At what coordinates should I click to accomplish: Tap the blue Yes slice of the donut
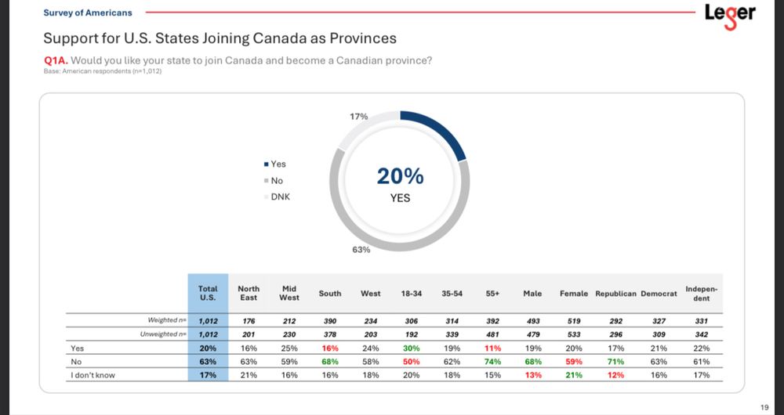click(x=439, y=130)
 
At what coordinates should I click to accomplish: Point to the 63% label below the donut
click(x=361, y=250)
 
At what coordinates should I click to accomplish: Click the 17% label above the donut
click(x=359, y=117)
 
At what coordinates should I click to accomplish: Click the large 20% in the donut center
click(x=400, y=176)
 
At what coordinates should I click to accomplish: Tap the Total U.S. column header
click(x=208, y=293)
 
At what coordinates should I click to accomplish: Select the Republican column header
click(x=615, y=294)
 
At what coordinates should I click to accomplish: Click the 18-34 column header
click(x=412, y=294)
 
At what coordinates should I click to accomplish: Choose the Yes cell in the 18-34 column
click(x=412, y=348)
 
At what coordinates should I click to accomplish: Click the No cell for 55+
click(x=493, y=362)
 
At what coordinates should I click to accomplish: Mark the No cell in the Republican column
click(x=615, y=362)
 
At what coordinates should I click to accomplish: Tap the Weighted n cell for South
click(x=330, y=320)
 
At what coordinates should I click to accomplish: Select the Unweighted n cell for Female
click(x=574, y=334)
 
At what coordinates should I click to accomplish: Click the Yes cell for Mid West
click(x=289, y=348)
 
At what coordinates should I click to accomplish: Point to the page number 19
click(x=764, y=406)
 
